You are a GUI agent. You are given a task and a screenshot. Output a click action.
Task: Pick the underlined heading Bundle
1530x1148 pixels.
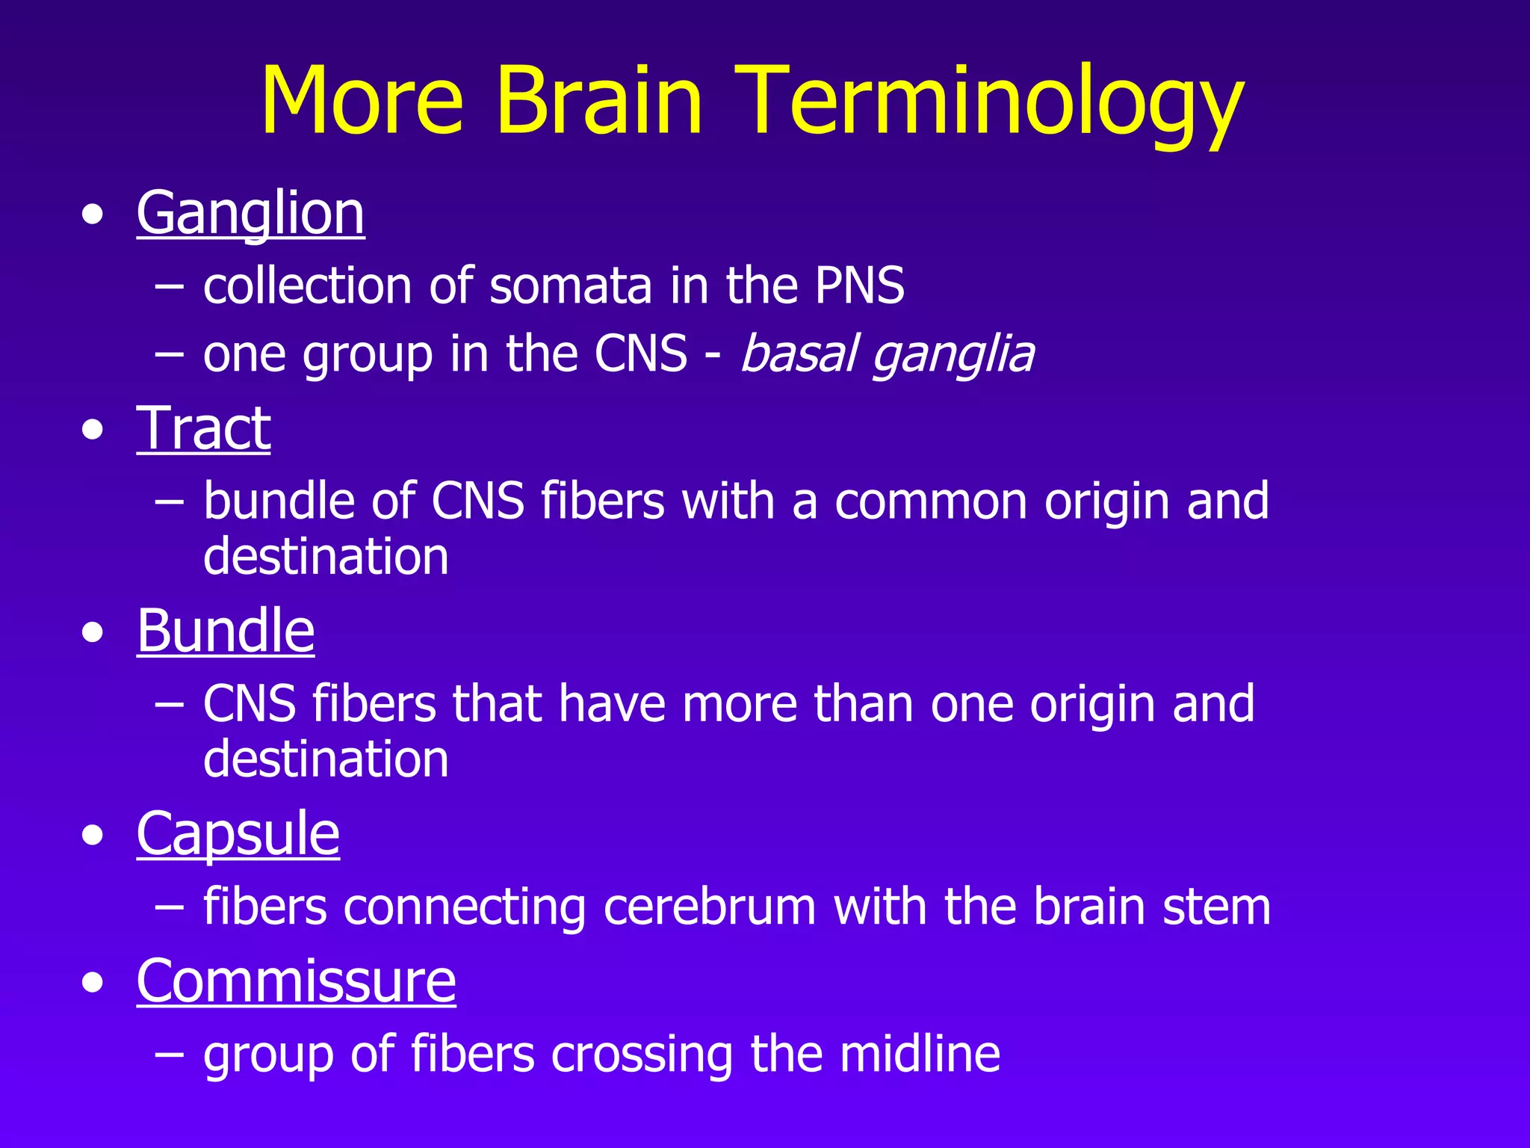226,631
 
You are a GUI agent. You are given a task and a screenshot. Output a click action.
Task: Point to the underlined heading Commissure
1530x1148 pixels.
296,981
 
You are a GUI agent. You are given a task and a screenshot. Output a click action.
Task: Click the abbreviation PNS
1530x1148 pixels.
859,286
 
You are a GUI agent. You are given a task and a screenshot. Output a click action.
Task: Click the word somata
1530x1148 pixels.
571,286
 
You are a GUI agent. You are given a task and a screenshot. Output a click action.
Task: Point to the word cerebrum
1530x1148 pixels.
709,907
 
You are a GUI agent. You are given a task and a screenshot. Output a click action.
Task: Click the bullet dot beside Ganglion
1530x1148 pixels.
93,216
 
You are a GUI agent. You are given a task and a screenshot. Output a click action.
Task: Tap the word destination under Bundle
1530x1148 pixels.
326,759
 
